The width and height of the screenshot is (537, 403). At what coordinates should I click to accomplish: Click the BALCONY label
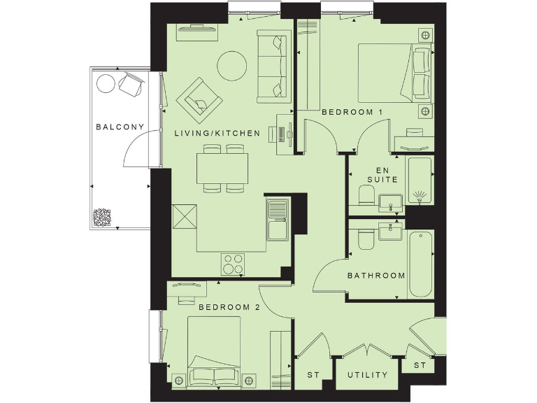pyautogui.click(x=120, y=127)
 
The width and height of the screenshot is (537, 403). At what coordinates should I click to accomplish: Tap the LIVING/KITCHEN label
pyautogui.click(x=217, y=133)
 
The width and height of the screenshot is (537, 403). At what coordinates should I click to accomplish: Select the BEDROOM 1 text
pyautogui.click(x=352, y=112)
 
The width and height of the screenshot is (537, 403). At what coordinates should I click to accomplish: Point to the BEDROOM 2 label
pyautogui.click(x=229, y=306)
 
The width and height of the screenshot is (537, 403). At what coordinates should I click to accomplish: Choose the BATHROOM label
pyautogui.click(x=376, y=275)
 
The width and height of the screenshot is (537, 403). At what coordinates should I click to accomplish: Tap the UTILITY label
pyautogui.click(x=368, y=375)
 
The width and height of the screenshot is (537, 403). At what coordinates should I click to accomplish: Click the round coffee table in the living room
pyautogui.click(x=232, y=66)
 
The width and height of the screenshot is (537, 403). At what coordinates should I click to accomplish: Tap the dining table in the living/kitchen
pyautogui.click(x=223, y=168)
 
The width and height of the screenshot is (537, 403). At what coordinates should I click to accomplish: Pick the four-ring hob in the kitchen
pyautogui.click(x=234, y=264)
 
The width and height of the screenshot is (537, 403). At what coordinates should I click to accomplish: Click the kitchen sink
pyautogui.click(x=278, y=218)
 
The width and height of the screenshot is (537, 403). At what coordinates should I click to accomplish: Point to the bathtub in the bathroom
pyautogui.click(x=422, y=263)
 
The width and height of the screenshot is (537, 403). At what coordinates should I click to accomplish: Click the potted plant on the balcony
pyautogui.click(x=103, y=218)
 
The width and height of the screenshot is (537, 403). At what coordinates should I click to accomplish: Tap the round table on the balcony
pyautogui.click(x=106, y=84)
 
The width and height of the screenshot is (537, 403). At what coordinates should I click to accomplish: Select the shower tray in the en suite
pyautogui.click(x=420, y=181)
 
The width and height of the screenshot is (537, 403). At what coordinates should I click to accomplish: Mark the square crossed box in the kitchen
pyautogui.click(x=184, y=216)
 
